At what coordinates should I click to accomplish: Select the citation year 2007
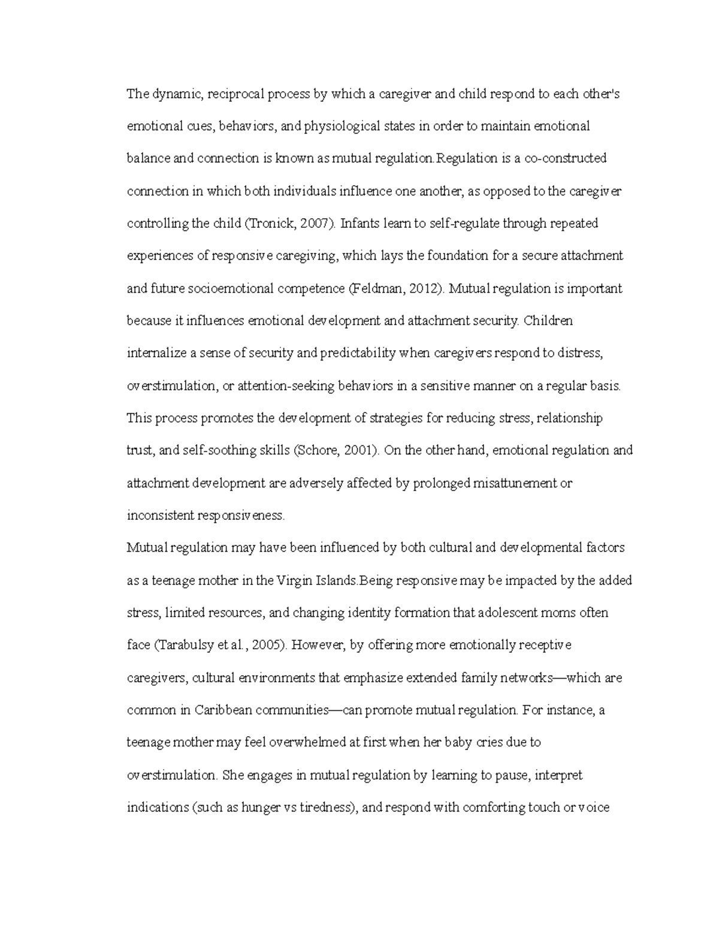316,224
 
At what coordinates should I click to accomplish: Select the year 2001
358,450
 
